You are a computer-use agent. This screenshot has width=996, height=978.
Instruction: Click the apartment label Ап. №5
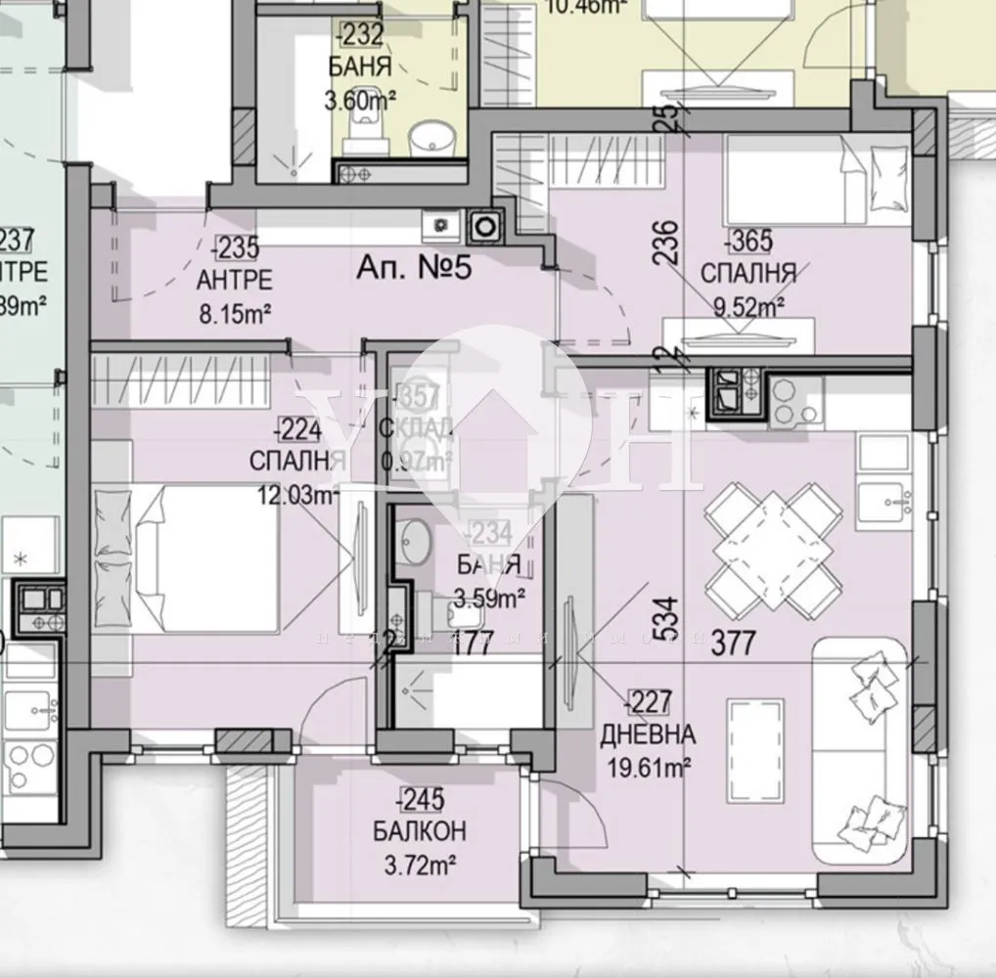click(415, 266)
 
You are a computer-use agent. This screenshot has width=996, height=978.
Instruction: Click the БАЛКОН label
click(419, 832)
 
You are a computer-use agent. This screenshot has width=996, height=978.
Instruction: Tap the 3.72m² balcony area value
click(419, 865)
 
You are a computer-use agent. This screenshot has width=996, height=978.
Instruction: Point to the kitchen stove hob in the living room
click(793, 403)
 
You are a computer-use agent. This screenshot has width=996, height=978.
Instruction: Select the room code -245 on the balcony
click(419, 800)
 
